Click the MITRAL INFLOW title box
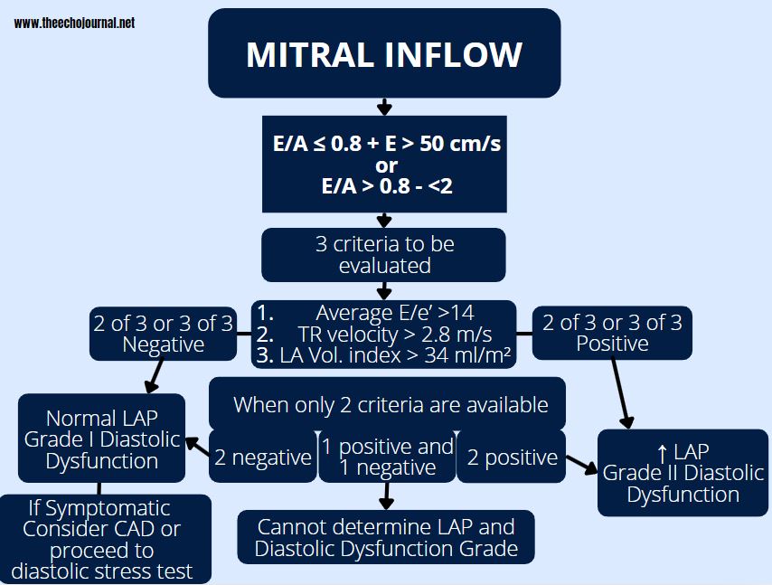pyautogui.click(x=384, y=54)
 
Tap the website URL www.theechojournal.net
pyautogui.click(x=74, y=24)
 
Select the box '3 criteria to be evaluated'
pyautogui.click(x=384, y=255)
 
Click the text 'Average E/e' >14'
pyautogui.click(x=394, y=313)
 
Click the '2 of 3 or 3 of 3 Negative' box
pyautogui.click(x=164, y=334)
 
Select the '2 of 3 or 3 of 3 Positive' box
pyautogui.click(x=612, y=333)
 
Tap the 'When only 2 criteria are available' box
pyautogui.click(x=390, y=404)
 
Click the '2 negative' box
pyautogui.click(x=262, y=458)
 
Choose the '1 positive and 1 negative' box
pyautogui.click(x=388, y=458)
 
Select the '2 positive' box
pyautogui.click(x=512, y=458)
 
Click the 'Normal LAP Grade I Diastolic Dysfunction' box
pyautogui.click(x=102, y=439)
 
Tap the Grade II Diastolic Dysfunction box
pyautogui.click(x=683, y=472)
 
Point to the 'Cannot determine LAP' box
pyautogui.click(x=386, y=538)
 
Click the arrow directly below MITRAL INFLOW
pyautogui.click(x=384, y=107)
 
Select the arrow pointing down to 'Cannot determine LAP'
pyautogui.click(x=387, y=496)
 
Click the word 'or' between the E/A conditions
pyautogui.click(x=386, y=165)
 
